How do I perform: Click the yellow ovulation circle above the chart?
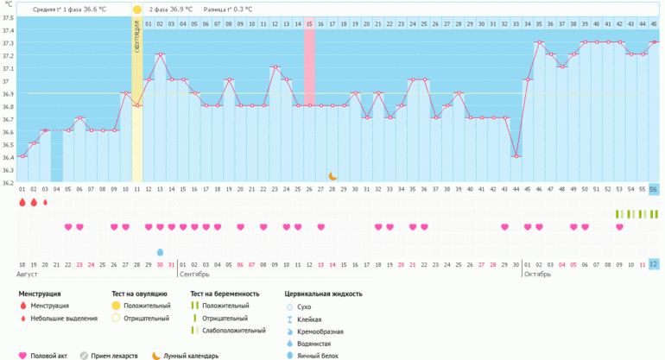(x=136, y=9)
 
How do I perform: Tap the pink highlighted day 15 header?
(x=308, y=23)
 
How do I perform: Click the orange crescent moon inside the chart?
(x=332, y=176)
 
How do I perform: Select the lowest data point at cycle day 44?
(x=516, y=156)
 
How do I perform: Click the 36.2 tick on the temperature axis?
(x=8, y=182)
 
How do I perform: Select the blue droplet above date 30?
(x=160, y=252)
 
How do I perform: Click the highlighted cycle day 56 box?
(x=653, y=189)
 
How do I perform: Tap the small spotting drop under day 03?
(x=45, y=202)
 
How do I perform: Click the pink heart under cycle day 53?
(x=619, y=227)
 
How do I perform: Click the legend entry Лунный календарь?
(x=190, y=354)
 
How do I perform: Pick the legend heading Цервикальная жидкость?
(x=323, y=294)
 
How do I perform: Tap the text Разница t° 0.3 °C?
(x=228, y=9)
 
